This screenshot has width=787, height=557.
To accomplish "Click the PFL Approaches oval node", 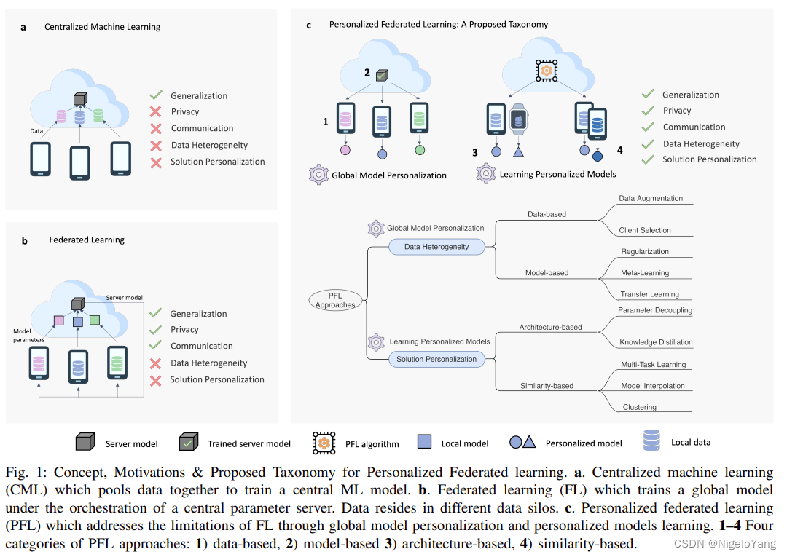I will point(335,300).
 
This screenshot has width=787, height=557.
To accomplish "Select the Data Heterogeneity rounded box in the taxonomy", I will point(436,247).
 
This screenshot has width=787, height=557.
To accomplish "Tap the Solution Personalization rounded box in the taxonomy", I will point(436,359).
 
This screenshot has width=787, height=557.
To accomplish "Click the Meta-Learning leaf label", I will point(644,273).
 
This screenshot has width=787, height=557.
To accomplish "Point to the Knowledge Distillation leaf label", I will point(656,341).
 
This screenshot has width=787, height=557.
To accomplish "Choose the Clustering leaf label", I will point(638,407).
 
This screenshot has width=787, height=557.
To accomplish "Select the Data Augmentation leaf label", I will point(651,198).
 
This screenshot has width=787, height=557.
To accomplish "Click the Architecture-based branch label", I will point(551,327).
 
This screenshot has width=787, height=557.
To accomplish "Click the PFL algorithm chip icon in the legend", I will point(324,443).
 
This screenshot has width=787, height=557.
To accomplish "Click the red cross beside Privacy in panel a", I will point(155,112).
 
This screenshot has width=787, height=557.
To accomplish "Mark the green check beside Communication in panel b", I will point(155,346).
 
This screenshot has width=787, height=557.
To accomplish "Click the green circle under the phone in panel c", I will point(419,151).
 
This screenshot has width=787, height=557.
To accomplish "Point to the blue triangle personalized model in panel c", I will point(518,152).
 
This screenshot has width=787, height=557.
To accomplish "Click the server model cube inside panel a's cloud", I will point(79,99).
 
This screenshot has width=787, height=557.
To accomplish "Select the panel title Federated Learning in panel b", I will point(87,240).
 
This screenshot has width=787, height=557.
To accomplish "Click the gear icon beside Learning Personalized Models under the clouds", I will point(486,174).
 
